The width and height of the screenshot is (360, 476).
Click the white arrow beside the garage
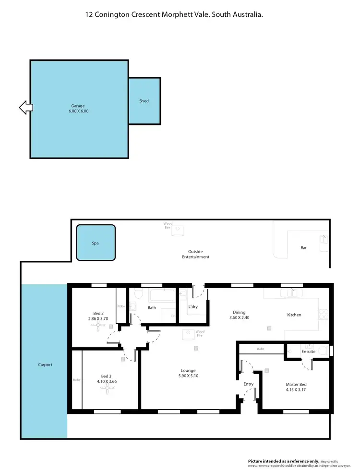[26, 108]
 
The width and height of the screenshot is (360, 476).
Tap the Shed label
[144, 101]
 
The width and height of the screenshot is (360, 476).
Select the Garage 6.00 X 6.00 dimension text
[78, 111]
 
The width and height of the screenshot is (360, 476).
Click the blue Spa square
[96, 244]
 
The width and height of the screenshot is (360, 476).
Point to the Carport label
[45, 365]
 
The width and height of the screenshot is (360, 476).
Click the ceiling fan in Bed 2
[99, 325]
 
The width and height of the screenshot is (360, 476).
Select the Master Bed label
[296, 384]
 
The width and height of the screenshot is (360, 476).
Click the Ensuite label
[308, 352]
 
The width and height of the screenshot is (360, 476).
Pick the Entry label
[249, 384]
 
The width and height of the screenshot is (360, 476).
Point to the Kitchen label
[294, 315]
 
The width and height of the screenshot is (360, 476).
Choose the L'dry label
[193, 306]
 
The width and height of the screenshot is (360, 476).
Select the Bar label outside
[303, 248]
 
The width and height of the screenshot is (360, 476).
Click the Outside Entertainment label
[195, 254]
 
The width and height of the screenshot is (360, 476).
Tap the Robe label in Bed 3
[77, 379]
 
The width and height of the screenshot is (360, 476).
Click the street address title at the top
[174, 15]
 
